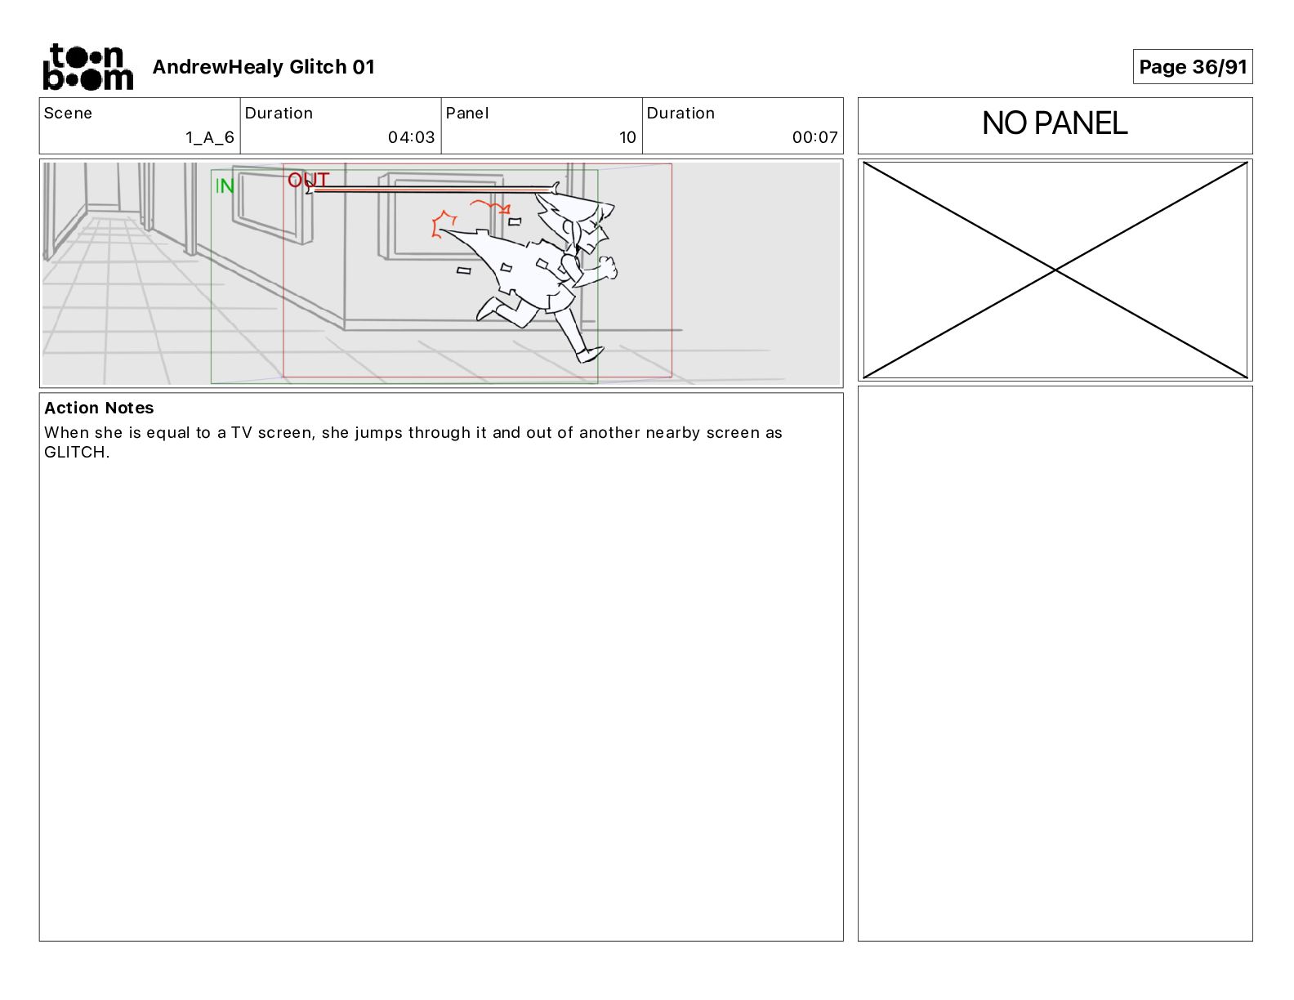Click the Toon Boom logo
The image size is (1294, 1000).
point(88,67)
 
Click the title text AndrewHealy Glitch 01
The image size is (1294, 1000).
point(263,67)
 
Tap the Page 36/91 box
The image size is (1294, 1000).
point(1192,67)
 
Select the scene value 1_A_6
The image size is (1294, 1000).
point(210,137)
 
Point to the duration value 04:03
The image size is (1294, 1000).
point(411,137)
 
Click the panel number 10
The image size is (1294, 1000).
point(627,137)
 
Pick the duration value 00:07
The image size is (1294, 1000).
point(814,137)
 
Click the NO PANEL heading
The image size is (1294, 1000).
point(1055,123)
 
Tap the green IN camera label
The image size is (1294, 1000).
point(225,186)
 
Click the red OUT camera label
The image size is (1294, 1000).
point(308,179)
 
